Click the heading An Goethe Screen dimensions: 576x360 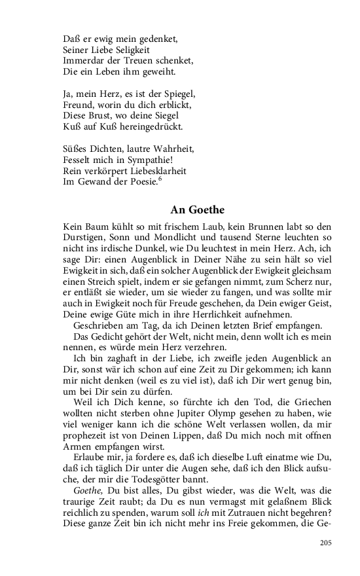(197, 210)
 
